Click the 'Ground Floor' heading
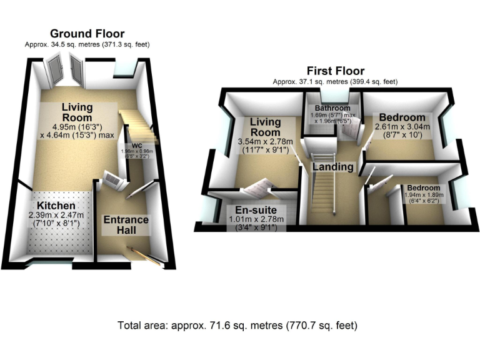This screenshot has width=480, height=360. pyautogui.click(x=87, y=34)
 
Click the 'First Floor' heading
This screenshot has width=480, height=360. pyautogui.click(x=335, y=71)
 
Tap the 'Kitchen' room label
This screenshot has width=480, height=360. pyautogui.click(x=56, y=206)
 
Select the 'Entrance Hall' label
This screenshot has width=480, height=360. pyautogui.click(x=126, y=225)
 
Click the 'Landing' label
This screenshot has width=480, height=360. pyautogui.click(x=334, y=167)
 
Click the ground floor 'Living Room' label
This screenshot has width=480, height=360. pyautogui.click(x=77, y=112)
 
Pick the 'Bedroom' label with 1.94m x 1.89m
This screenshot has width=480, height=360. pyautogui.click(x=423, y=187)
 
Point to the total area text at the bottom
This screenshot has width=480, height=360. pyautogui.click(x=237, y=326)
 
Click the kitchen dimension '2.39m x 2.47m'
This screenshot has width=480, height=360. pyautogui.click(x=56, y=215)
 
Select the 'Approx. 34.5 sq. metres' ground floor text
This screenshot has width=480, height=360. pyautogui.click(x=87, y=44)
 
